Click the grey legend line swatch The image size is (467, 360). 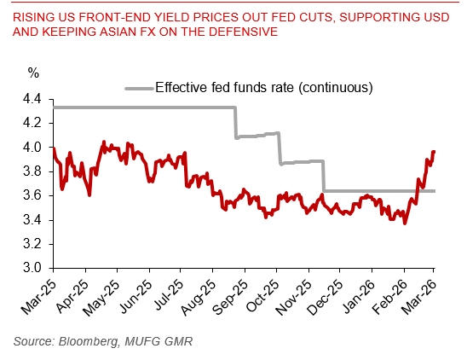pos(138,87)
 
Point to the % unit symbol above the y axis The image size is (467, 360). pos(33,73)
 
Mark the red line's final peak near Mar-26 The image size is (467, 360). pos(434,152)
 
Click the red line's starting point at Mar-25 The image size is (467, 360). pos(53,148)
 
